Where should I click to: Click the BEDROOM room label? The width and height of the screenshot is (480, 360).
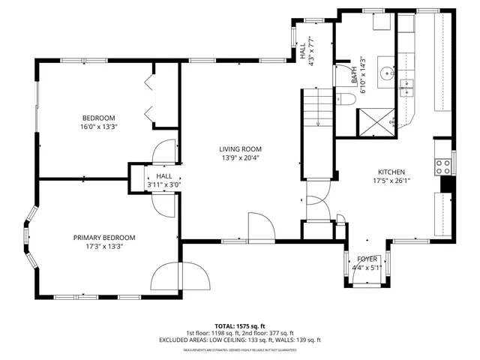(x=99, y=118)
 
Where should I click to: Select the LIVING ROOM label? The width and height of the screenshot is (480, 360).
(x=240, y=149)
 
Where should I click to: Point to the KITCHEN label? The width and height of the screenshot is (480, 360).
(x=391, y=171)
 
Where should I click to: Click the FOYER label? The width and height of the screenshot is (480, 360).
(x=367, y=258)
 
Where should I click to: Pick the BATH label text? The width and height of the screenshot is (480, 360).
(x=354, y=75)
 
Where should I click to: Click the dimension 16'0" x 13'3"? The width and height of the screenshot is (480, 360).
(x=99, y=127)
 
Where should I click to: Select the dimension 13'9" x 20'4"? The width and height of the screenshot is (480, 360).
(x=240, y=158)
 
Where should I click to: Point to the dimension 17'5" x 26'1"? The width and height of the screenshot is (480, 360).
(x=391, y=180)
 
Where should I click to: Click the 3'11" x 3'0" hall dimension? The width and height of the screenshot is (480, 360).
(x=163, y=184)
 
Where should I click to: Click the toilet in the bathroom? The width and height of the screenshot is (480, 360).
(x=346, y=98)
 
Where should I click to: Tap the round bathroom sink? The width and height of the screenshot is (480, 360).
(x=387, y=73)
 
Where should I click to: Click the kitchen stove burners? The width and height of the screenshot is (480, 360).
(x=442, y=163)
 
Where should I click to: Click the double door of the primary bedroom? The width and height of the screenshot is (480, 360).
(x=181, y=278)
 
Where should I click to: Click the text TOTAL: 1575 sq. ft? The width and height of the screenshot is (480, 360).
(x=240, y=325)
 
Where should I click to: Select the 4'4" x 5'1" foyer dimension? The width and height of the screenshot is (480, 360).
(x=367, y=267)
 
